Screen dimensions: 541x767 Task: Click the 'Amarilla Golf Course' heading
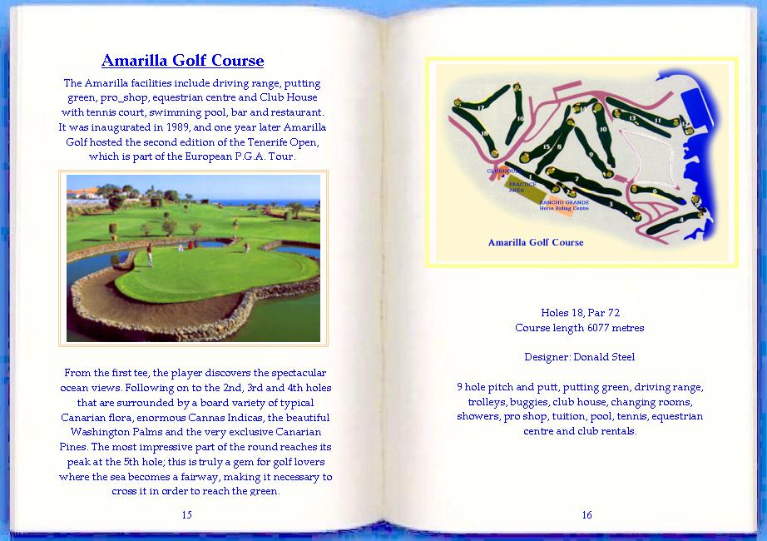[x=182, y=61]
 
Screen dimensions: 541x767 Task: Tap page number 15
[x=186, y=514]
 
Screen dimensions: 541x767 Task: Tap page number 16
[x=586, y=514]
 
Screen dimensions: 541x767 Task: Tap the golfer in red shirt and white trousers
[x=150, y=255]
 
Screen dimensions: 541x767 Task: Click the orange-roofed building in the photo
[x=84, y=193]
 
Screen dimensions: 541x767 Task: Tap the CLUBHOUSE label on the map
[x=502, y=171]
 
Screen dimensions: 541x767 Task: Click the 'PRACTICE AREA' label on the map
[x=522, y=187]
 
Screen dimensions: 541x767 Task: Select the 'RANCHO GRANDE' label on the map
[x=564, y=202]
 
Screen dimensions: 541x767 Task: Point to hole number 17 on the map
[x=481, y=108]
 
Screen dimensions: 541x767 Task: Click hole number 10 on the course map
[x=603, y=129]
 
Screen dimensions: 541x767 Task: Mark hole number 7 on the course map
[x=576, y=179]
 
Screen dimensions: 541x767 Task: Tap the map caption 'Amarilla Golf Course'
[x=536, y=242]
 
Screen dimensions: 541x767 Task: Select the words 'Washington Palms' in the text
[x=112, y=433]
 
